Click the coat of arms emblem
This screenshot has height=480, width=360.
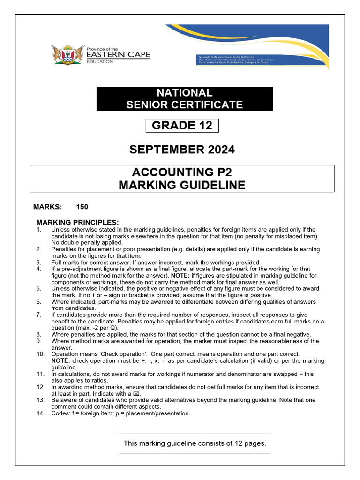click(62, 55)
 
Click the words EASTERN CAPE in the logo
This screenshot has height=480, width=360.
click(118, 55)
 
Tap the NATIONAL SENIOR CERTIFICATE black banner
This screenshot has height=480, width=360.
click(184, 98)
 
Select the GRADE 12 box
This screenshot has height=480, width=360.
click(182, 126)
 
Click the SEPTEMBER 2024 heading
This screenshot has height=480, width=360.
click(182, 150)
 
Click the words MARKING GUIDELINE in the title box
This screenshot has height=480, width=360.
click(182, 185)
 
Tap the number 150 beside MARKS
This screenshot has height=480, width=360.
click(82, 207)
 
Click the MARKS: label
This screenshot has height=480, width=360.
click(47, 207)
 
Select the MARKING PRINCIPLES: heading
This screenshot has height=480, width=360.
click(78, 222)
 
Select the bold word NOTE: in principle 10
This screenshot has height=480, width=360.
click(62, 360)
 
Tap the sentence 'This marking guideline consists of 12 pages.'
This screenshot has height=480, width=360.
click(195, 443)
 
